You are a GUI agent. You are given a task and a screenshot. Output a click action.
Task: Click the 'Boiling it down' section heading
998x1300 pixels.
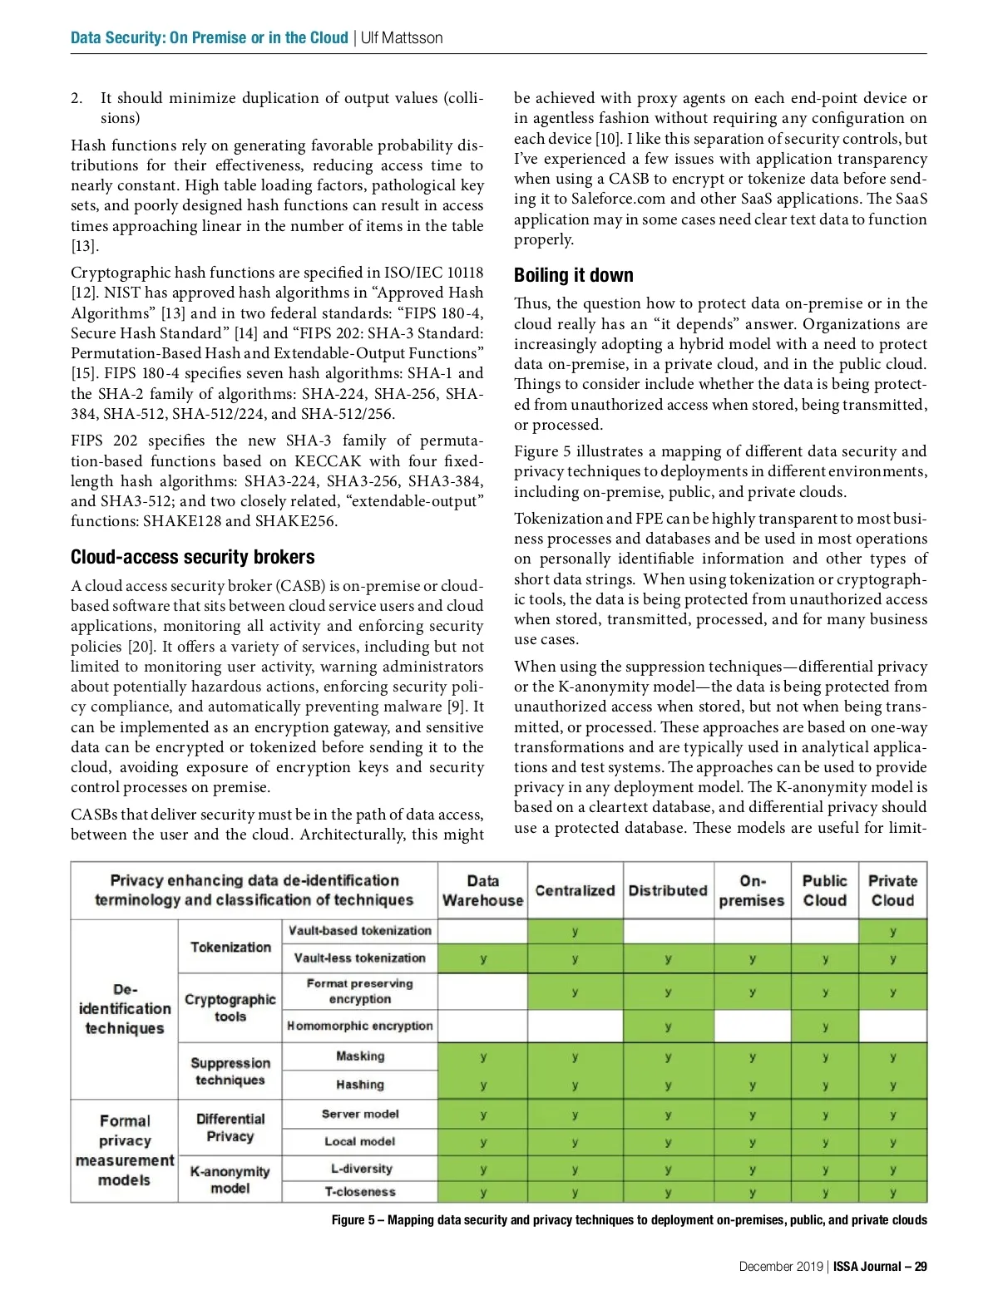click(573, 275)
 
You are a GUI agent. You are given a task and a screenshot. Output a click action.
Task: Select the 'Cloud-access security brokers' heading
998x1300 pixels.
click(192, 557)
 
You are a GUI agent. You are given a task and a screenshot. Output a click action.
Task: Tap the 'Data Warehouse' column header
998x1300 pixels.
click(482, 890)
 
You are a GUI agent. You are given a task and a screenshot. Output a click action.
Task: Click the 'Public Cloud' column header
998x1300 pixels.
click(824, 890)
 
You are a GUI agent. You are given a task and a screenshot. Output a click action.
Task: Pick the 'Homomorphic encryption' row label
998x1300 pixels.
click(360, 1026)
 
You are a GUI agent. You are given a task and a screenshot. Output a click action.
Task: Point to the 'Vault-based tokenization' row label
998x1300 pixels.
click(360, 931)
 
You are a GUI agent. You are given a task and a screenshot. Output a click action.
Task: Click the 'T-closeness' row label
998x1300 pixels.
click(360, 1191)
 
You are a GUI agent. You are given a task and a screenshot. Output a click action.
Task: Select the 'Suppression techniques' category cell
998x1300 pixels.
click(230, 1071)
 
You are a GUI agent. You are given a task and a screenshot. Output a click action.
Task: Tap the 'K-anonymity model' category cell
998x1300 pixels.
click(230, 1179)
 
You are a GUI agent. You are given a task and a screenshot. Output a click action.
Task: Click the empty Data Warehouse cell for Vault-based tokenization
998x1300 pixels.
click(482, 931)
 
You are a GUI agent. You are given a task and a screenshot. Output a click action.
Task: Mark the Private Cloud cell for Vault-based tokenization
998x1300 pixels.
click(892, 932)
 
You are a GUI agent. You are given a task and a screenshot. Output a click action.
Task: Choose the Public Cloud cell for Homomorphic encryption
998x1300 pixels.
click(824, 1027)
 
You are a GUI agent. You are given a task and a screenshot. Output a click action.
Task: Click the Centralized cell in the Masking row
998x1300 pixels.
click(575, 1057)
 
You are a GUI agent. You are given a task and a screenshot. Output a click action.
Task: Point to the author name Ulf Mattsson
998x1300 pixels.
click(402, 37)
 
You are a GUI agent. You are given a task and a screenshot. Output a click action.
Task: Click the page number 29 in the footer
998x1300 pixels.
click(921, 1267)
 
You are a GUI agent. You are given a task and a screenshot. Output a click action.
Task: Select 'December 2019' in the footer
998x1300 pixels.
click(780, 1267)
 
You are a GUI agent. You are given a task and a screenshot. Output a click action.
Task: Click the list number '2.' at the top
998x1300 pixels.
click(77, 98)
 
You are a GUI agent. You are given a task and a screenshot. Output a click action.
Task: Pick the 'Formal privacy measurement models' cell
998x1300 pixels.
click(125, 1150)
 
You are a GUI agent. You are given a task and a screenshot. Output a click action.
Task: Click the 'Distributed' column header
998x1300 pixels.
click(668, 890)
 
